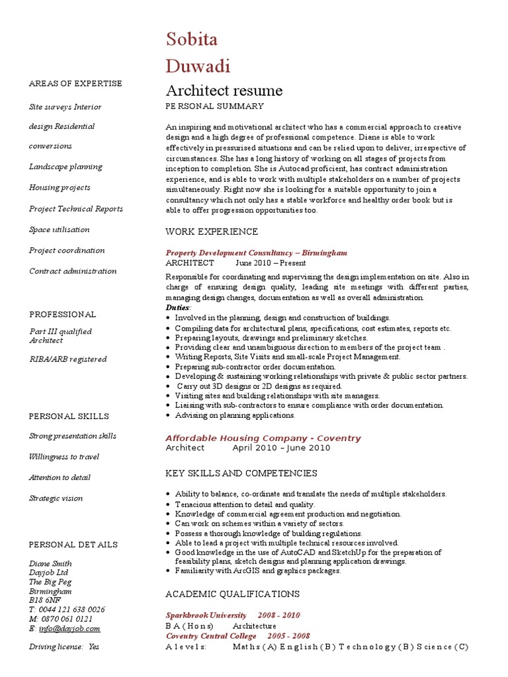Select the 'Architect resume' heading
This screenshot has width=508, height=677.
pyautogui.click(x=224, y=91)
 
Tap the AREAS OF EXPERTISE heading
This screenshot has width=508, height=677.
pyautogui.click(x=75, y=83)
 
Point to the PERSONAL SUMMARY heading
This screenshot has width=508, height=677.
pyautogui.click(x=214, y=106)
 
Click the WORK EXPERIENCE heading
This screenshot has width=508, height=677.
pyautogui.click(x=212, y=231)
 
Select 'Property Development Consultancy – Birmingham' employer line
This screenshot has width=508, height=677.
pyautogui.click(x=256, y=253)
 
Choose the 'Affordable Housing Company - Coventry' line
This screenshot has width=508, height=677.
pyautogui.click(x=263, y=438)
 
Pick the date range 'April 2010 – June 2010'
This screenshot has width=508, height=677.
pyautogui.click(x=280, y=448)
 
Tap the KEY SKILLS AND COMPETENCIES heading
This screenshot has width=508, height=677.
pyautogui.click(x=241, y=473)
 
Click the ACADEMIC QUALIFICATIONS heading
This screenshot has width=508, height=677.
pyautogui.click(x=232, y=594)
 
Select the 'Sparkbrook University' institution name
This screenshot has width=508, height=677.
pyautogui.click(x=206, y=615)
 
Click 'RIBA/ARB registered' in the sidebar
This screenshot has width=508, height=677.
pyautogui.click(x=67, y=359)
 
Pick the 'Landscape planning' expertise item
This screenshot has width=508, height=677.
pyautogui.click(x=65, y=167)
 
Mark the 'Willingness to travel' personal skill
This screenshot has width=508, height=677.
pyautogui.click(x=63, y=456)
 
